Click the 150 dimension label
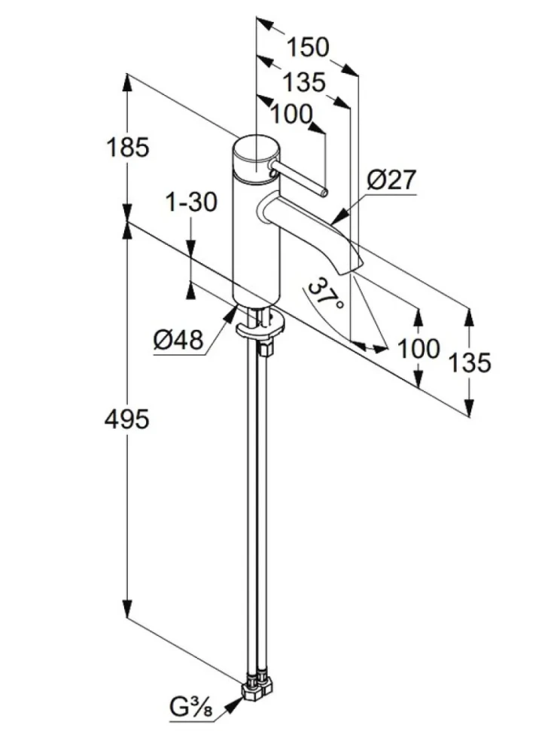click(307, 47)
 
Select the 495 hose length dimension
click(126, 419)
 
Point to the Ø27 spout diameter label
click(391, 179)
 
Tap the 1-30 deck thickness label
click(192, 202)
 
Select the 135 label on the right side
click(469, 362)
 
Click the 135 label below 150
click(305, 82)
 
